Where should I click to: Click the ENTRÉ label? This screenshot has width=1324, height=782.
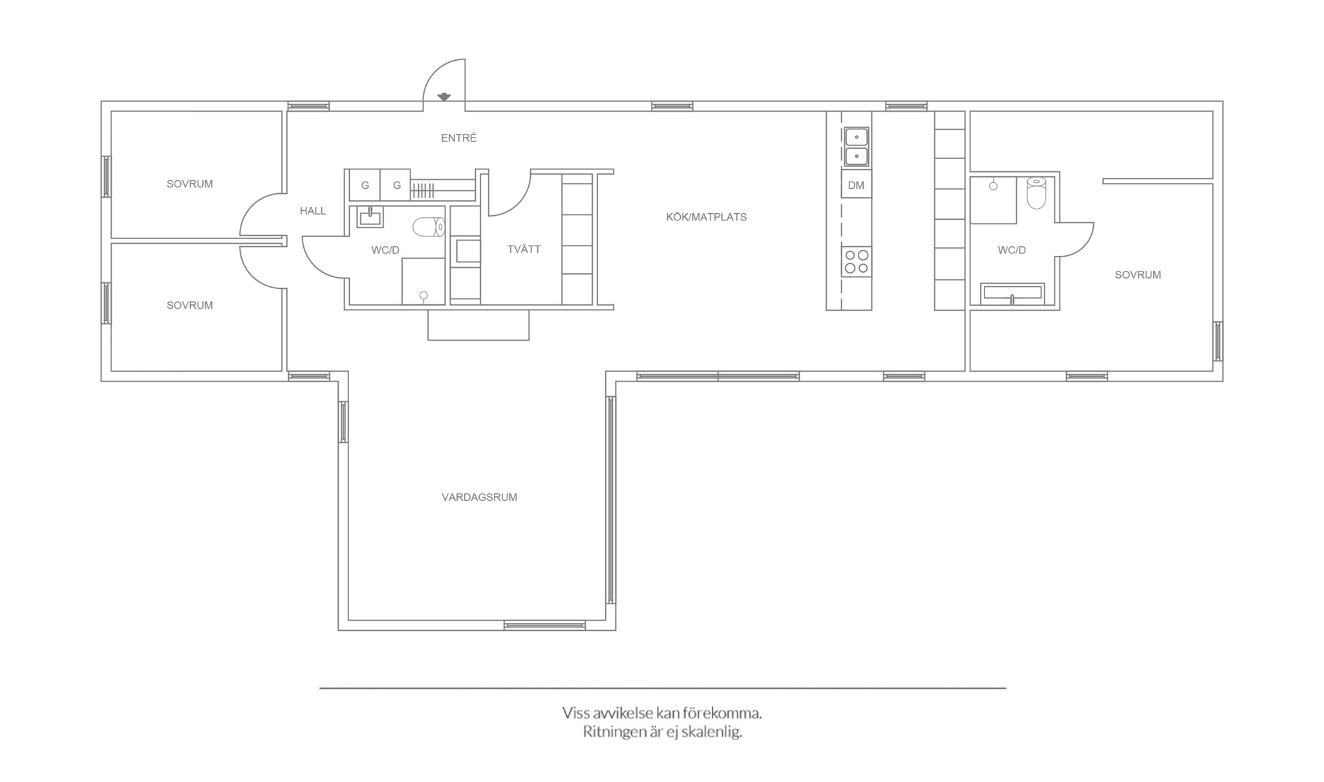458,138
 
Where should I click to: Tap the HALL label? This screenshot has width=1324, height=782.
313,211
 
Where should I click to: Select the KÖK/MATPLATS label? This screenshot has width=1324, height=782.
706,217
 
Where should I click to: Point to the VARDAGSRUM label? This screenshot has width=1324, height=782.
479,497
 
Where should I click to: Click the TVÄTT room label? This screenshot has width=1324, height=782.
524,249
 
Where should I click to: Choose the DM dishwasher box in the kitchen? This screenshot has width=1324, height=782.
856,185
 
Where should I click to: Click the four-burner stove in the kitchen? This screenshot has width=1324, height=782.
856,262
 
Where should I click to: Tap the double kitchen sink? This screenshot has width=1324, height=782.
857,147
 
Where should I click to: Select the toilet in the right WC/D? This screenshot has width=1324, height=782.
1036,193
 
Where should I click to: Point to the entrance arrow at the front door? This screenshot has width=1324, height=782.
444,97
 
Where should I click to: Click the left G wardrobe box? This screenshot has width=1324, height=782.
365,185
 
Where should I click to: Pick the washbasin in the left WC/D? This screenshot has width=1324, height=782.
370,217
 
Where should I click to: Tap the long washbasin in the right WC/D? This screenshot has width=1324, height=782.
1012,294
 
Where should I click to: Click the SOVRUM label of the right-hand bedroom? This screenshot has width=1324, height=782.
1138,275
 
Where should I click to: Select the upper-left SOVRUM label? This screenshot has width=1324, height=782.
189,184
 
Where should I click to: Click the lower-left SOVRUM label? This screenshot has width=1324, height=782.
189,305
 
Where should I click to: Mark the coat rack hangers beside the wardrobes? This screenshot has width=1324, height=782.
423,190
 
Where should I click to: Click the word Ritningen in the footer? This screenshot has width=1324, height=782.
614,732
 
